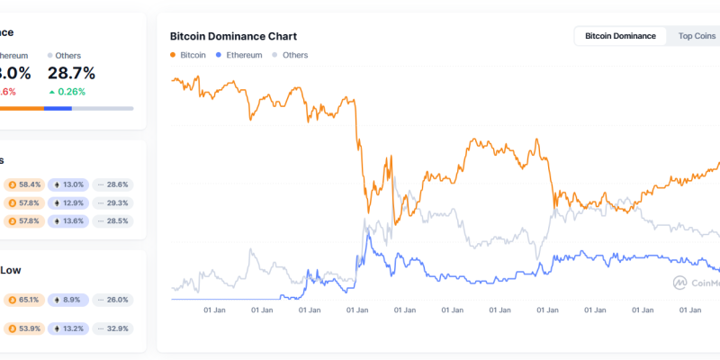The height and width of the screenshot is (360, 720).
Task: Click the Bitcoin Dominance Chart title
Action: point(233,37)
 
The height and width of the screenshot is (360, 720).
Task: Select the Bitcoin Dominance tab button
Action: point(619,36)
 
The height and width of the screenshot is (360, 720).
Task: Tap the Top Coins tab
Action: point(697,36)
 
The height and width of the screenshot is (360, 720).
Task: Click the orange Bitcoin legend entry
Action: point(188,55)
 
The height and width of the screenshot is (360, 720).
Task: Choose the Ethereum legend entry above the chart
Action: point(238,55)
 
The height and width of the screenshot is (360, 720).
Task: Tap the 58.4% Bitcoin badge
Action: point(24,184)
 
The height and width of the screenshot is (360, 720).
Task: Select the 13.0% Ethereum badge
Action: point(68,184)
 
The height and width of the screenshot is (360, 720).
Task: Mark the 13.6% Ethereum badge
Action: point(68,220)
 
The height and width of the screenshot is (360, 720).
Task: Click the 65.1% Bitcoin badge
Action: point(24,300)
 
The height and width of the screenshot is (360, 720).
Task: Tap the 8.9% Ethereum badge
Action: point(68,300)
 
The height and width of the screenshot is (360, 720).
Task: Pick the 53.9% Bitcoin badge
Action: point(24,328)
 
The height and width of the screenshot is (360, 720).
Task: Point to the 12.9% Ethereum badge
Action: point(68,202)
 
